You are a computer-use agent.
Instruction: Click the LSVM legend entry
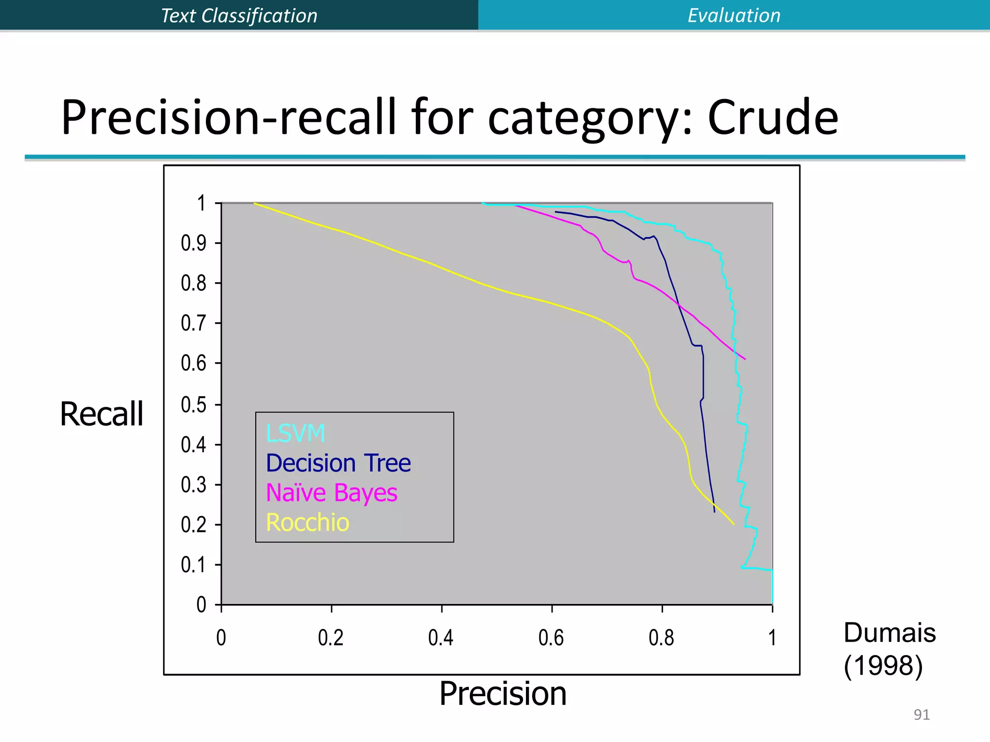click(295, 433)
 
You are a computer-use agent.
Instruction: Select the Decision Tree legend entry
click(338, 463)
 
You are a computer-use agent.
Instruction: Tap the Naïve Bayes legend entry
click(332, 493)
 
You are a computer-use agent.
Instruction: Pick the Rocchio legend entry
click(307, 523)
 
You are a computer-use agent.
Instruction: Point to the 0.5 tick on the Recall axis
click(193, 404)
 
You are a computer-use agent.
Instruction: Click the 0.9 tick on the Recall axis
click(193, 243)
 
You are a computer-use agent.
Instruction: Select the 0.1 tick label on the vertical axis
click(193, 565)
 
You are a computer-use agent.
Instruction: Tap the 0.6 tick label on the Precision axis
click(551, 638)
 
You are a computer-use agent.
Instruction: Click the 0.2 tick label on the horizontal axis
click(331, 638)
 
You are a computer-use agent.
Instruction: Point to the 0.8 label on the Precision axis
click(661, 638)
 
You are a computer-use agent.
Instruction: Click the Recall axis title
click(102, 414)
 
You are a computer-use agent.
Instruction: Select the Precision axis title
click(503, 694)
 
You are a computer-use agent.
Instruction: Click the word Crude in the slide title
click(772, 117)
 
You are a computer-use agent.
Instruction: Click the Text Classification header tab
click(239, 15)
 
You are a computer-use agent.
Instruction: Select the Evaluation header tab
click(734, 15)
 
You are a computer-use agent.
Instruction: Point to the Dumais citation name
click(889, 633)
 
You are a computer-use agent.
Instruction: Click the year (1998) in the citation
click(883, 666)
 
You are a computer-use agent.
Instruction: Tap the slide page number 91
click(921, 714)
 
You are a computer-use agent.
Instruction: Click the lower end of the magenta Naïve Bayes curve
click(745, 359)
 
